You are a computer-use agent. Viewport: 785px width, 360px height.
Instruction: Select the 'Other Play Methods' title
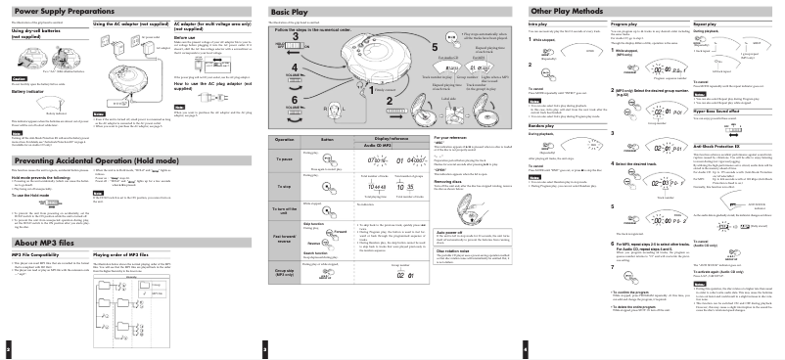(x=568, y=10)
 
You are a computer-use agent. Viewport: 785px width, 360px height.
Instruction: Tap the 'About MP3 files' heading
(x=39, y=269)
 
